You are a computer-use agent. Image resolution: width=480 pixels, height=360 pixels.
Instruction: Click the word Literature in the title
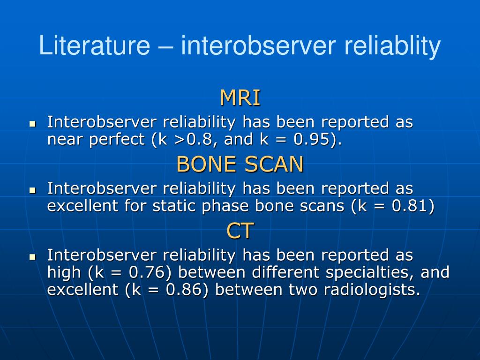pyautogui.click(x=95, y=45)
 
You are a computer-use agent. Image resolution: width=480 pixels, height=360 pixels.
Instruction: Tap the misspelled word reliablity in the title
pyautogui.click(x=392, y=46)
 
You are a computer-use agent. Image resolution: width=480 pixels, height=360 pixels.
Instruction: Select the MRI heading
pyautogui.click(x=240, y=97)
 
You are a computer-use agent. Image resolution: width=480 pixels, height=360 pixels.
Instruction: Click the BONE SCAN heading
pyautogui.click(x=240, y=164)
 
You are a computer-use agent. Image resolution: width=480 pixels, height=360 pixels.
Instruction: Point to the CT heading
pyautogui.click(x=240, y=231)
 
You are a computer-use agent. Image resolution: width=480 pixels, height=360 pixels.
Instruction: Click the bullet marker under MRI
pyautogui.click(x=32, y=124)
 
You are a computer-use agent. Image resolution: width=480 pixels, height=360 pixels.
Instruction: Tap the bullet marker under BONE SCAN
pyautogui.click(x=32, y=190)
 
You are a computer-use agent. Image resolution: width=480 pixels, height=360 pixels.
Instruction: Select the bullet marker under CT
pyautogui.click(x=32, y=256)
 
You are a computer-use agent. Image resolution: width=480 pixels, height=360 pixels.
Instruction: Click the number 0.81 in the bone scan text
pyautogui.click(x=410, y=206)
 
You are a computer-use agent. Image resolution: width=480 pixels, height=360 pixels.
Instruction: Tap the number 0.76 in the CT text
pyautogui.click(x=147, y=272)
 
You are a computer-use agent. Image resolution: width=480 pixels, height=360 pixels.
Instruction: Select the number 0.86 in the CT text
pyautogui.click(x=184, y=289)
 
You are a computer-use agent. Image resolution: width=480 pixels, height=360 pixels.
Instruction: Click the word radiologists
pyautogui.click(x=372, y=290)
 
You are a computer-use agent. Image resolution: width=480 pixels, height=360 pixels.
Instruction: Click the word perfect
pyautogui.click(x=117, y=140)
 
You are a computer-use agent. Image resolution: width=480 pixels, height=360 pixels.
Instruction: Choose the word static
pyautogui.click(x=174, y=205)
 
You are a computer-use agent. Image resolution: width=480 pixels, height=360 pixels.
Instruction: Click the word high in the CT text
pyautogui.click(x=64, y=273)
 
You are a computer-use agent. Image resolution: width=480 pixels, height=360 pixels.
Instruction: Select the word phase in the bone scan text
pyautogui.click(x=225, y=206)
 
